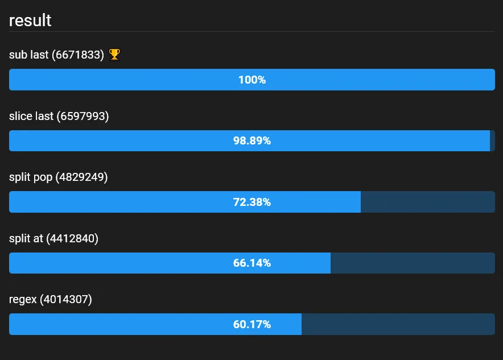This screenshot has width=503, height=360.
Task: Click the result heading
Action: click(x=30, y=20)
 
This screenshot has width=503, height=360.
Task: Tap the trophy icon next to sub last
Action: click(x=114, y=55)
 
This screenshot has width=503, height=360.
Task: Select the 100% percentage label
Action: click(x=252, y=80)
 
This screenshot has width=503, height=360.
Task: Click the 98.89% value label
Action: click(x=252, y=141)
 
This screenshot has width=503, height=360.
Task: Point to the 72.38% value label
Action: click(x=252, y=202)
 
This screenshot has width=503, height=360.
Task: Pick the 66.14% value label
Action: click(x=252, y=263)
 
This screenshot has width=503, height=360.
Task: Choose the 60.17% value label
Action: click(x=252, y=325)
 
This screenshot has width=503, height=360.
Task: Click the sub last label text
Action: click(x=28, y=55)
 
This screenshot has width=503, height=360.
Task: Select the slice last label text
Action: click(x=31, y=116)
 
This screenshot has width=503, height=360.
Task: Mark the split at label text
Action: click(x=26, y=239)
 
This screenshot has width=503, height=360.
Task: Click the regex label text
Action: click(x=23, y=300)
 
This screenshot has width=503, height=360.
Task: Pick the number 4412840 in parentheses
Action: click(x=72, y=239)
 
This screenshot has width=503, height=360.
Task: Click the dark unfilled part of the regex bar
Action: click(x=398, y=324)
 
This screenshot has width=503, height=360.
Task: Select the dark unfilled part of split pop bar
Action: click(x=427, y=202)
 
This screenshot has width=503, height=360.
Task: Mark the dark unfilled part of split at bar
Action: click(x=413, y=263)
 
